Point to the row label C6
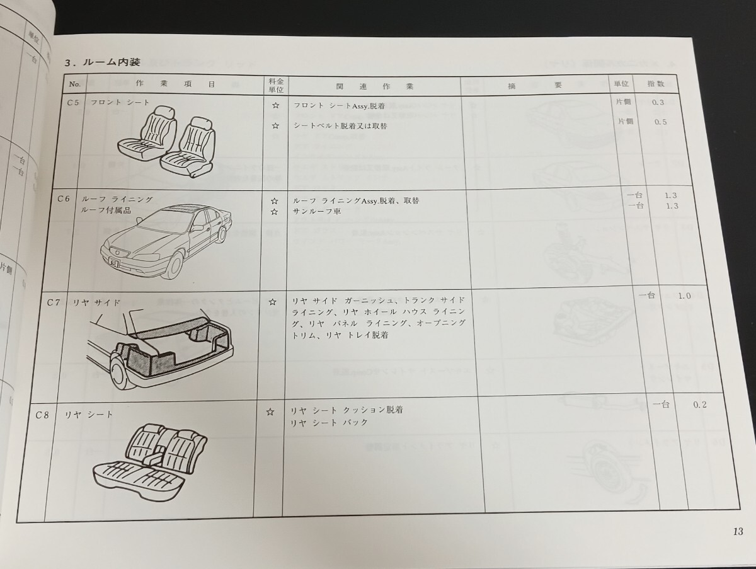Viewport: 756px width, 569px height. pos(63,198)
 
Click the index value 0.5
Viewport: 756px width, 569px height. pos(660,122)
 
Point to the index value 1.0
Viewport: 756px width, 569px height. pos(684,296)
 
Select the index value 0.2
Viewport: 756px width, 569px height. pos(699,405)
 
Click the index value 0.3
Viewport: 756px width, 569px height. pos(658,102)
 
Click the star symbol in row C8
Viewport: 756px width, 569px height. pos(270,411)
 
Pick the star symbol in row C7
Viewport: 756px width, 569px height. pos(272,302)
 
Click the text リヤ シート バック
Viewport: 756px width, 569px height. pos(329,422)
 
